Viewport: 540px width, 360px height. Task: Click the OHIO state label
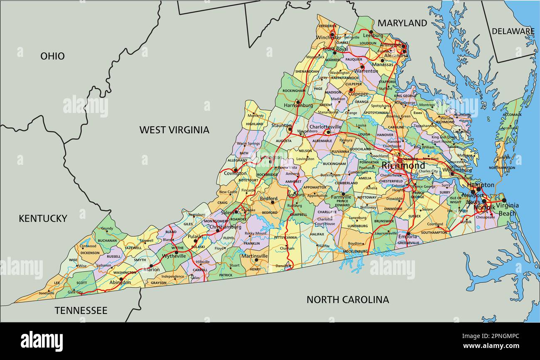click(x=52, y=56)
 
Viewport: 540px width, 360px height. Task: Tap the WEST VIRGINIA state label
click(x=174, y=130)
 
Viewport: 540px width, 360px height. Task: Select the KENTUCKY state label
click(x=43, y=218)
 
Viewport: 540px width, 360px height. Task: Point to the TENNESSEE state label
click(x=81, y=311)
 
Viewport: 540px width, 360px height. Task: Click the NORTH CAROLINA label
click(x=348, y=299)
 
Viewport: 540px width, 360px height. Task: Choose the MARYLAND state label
click(x=402, y=23)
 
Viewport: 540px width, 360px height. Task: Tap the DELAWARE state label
click(x=513, y=31)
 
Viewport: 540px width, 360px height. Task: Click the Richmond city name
click(x=403, y=166)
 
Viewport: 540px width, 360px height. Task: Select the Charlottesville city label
click(x=325, y=127)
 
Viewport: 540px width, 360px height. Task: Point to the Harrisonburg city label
click(x=298, y=105)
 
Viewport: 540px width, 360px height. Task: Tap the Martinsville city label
click(x=255, y=256)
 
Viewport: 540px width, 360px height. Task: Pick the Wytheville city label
click(x=174, y=256)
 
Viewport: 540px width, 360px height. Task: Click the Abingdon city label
click(x=120, y=282)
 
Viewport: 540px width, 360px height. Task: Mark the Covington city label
click(x=235, y=174)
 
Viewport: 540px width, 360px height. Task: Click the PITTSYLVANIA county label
click(x=285, y=238)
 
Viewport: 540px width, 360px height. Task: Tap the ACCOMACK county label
click(x=511, y=115)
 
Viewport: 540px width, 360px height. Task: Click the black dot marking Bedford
click(x=273, y=202)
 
